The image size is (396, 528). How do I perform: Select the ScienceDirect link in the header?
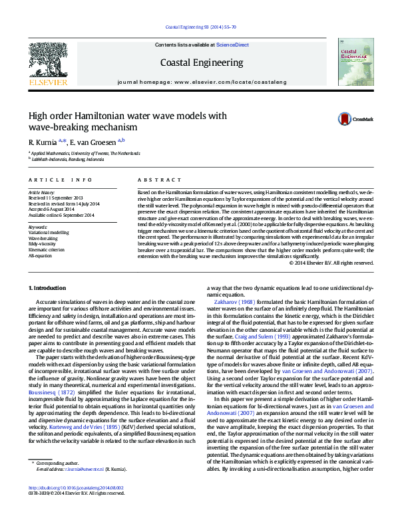click(x=232, y=45)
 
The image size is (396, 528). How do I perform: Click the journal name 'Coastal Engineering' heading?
click(x=202, y=63)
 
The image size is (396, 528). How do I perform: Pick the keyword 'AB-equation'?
click(x=41, y=255)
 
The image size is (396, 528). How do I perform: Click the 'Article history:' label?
click(x=42, y=192)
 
